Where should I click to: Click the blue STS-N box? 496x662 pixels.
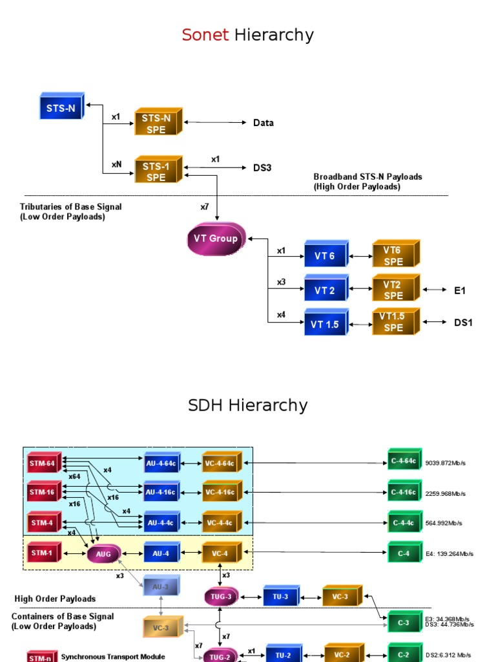tap(61, 107)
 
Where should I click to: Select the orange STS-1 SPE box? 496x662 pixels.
tap(156, 171)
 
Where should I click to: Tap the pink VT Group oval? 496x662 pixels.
tap(216, 239)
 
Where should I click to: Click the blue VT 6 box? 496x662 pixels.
tap(325, 255)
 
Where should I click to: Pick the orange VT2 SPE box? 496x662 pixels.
tap(393, 290)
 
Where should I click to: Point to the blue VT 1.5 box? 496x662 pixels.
tap(325, 324)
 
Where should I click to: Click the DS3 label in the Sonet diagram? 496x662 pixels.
tap(262, 168)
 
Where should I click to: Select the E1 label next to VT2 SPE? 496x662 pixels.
tap(459, 291)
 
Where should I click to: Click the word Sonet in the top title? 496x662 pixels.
tap(205, 35)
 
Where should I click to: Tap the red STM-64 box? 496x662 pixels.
tap(43, 462)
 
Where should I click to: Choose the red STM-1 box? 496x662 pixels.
tap(43, 553)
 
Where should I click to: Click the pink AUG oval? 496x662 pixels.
tap(103, 554)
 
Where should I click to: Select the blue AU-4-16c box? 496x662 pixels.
tap(160, 492)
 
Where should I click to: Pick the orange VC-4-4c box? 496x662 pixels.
tap(220, 522)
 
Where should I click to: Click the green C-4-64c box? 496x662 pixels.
tap(404, 460)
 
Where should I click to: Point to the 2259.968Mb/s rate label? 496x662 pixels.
tap(446, 494)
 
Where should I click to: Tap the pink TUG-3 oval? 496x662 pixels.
tap(222, 597)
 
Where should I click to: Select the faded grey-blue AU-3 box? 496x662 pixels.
tap(160, 586)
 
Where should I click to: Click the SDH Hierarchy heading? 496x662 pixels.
tap(248, 406)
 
